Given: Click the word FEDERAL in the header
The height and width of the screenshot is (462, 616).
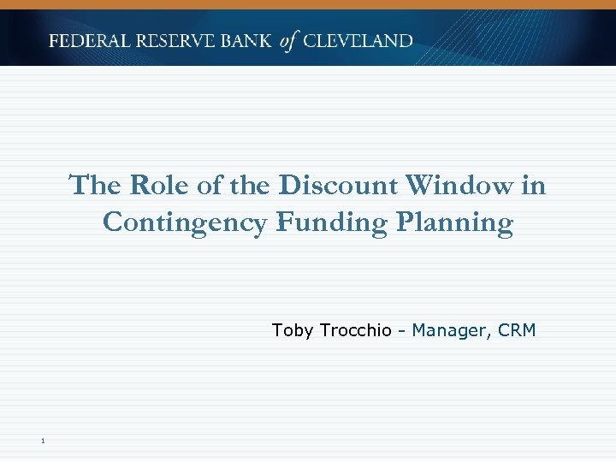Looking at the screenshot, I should tap(90, 41).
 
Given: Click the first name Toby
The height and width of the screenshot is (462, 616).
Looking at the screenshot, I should tap(293, 330).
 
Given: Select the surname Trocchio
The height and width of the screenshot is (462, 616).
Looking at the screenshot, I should tap(355, 330).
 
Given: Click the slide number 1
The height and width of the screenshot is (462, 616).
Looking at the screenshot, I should tap(41, 441).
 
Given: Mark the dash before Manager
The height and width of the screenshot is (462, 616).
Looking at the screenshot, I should tap(401, 331).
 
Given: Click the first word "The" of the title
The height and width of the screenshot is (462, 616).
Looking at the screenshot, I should tap(91, 186).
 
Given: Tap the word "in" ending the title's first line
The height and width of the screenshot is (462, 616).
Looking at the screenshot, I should tap(535, 186).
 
